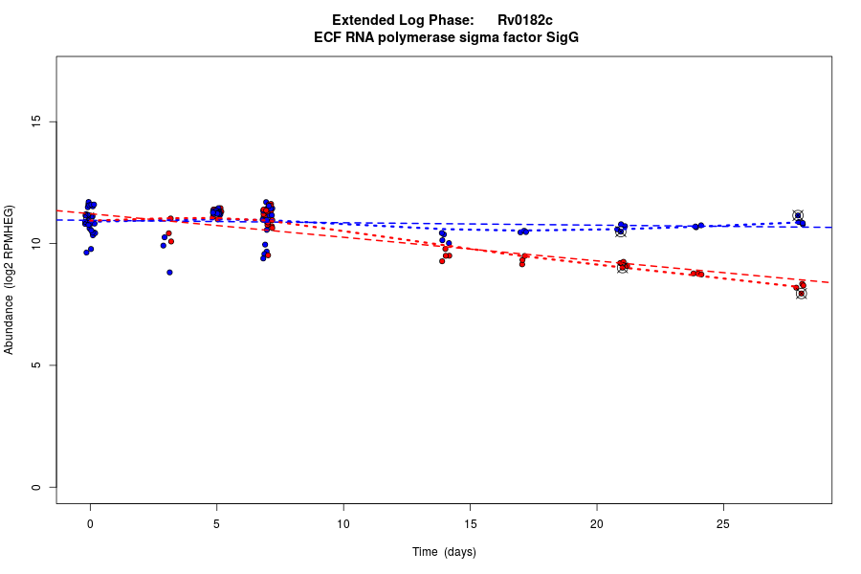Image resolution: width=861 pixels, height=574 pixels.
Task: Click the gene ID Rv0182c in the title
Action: [x=524, y=20]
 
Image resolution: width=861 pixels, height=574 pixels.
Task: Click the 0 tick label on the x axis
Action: [x=90, y=523]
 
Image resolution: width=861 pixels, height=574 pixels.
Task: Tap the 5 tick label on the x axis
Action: [x=216, y=523]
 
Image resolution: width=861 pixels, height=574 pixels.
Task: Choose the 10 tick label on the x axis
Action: [x=343, y=523]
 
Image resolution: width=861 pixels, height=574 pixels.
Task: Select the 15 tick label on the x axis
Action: [x=470, y=523]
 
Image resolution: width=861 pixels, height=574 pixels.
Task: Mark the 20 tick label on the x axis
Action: [x=597, y=523]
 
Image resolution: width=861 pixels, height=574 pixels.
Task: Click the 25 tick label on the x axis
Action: [x=723, y=523]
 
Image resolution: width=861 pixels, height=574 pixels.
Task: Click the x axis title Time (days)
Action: [x=444, y=552]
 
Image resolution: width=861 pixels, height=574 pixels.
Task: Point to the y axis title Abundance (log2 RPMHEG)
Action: [x=10, y=279]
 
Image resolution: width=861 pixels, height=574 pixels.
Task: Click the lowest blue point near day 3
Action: [x=169, y=273]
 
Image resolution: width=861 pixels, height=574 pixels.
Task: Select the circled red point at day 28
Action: [x=801, y=294]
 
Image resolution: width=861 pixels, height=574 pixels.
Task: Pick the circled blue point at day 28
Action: [x=798, y=215]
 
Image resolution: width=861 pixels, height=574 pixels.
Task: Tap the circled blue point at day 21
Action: [x=620, y=231]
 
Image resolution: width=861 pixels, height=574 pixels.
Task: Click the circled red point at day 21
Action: [x=623, y=267]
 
